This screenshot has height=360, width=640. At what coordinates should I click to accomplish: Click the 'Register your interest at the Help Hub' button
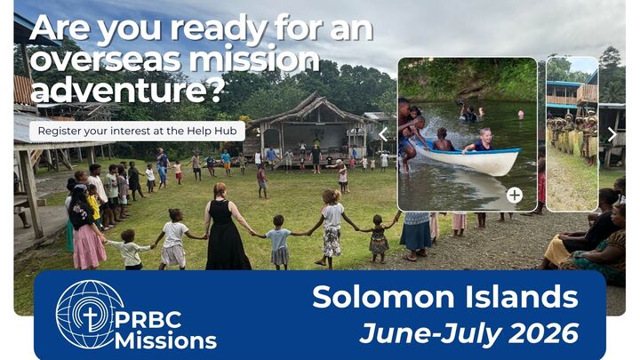(137, 131)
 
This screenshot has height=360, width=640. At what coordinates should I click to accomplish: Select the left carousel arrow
(383, 134)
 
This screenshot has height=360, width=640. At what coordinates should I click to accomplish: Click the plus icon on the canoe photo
(514, 195)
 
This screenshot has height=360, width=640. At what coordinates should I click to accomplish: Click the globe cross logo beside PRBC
(89, 314)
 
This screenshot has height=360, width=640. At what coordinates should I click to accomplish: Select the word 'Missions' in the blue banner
(166, 340)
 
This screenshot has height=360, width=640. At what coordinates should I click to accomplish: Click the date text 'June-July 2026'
(468, 333)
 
